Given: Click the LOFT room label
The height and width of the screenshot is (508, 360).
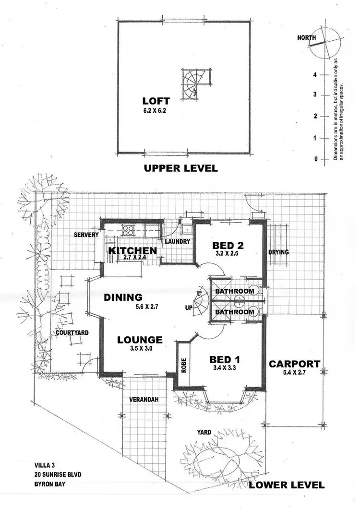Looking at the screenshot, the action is [156, 101].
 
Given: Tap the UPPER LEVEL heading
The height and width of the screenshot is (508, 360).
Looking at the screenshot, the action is [181, 168].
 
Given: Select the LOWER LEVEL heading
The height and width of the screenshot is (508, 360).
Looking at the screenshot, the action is [287, 485].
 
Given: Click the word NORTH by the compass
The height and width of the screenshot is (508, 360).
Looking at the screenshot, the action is [307, 37].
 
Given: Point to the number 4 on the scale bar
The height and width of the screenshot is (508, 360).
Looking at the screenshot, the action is [315, 75].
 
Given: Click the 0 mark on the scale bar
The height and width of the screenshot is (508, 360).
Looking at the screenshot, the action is [316, 159].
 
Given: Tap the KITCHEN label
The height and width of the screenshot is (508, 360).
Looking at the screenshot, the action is [132, 250].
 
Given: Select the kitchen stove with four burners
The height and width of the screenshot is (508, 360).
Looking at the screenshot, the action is [128, 230].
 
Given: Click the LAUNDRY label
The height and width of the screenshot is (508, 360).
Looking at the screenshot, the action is [178, 242].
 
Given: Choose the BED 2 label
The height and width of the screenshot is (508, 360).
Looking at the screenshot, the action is [228, 246].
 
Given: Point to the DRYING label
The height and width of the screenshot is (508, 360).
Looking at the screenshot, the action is [278, 252].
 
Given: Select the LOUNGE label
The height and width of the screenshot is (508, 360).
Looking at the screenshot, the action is [140, 340].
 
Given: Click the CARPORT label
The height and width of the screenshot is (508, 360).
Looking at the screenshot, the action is [294, 364].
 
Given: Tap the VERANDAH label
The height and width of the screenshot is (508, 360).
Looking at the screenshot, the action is [144, 399].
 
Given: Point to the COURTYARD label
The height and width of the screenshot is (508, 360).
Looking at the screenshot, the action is [72, 332].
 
